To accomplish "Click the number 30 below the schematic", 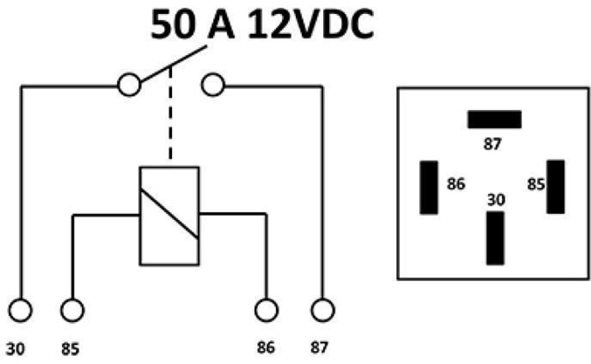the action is [15, 349].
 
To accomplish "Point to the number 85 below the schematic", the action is [70, 349].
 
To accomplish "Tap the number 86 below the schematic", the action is [265, 347].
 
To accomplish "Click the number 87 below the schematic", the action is [319, 347].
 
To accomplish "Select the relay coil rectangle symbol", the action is [139, 215].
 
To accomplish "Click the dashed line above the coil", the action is [170, 113].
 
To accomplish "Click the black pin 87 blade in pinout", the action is [494, 120].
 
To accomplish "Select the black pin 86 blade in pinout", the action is [429, 187].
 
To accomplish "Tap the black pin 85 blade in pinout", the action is [556, 187].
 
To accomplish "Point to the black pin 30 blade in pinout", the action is [495, 238].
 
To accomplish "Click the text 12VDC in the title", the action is [311, 24].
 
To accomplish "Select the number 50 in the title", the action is [173, 24].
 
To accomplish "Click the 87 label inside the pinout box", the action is [492, 144].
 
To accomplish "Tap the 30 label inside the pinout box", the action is [496, 200].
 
